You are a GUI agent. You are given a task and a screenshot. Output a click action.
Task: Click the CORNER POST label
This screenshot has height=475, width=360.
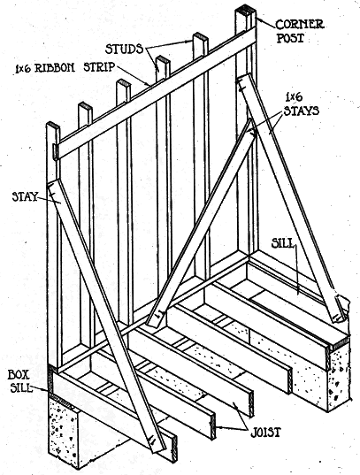click(300, 31)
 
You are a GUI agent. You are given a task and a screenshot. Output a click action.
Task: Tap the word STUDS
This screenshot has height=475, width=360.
click(124, 49)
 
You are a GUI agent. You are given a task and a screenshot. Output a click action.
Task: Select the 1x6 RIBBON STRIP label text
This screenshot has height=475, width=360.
click(65, 67)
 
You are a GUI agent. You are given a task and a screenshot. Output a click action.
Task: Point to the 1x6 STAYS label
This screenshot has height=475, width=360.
click(301, 104)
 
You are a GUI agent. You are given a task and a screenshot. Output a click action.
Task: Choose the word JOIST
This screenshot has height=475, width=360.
click(265, 433)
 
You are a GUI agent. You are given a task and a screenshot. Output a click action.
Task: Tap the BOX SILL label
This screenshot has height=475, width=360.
click(19, 381)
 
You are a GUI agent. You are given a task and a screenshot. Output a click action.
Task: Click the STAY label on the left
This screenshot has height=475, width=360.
click(24, 197)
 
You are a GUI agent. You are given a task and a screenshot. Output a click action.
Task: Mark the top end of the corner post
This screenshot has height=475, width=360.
click(246, 9)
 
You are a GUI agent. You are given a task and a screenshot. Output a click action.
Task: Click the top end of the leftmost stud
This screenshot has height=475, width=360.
click(53, 126)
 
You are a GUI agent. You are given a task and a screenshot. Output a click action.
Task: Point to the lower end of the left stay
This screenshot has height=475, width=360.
click(157, 444)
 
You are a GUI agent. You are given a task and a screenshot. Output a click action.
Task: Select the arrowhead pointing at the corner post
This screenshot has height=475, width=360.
click(258, 19)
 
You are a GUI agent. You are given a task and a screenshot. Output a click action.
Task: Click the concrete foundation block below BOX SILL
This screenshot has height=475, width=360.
click(65, 431)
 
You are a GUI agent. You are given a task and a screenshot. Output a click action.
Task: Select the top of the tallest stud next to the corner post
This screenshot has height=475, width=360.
click(201, 36)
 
